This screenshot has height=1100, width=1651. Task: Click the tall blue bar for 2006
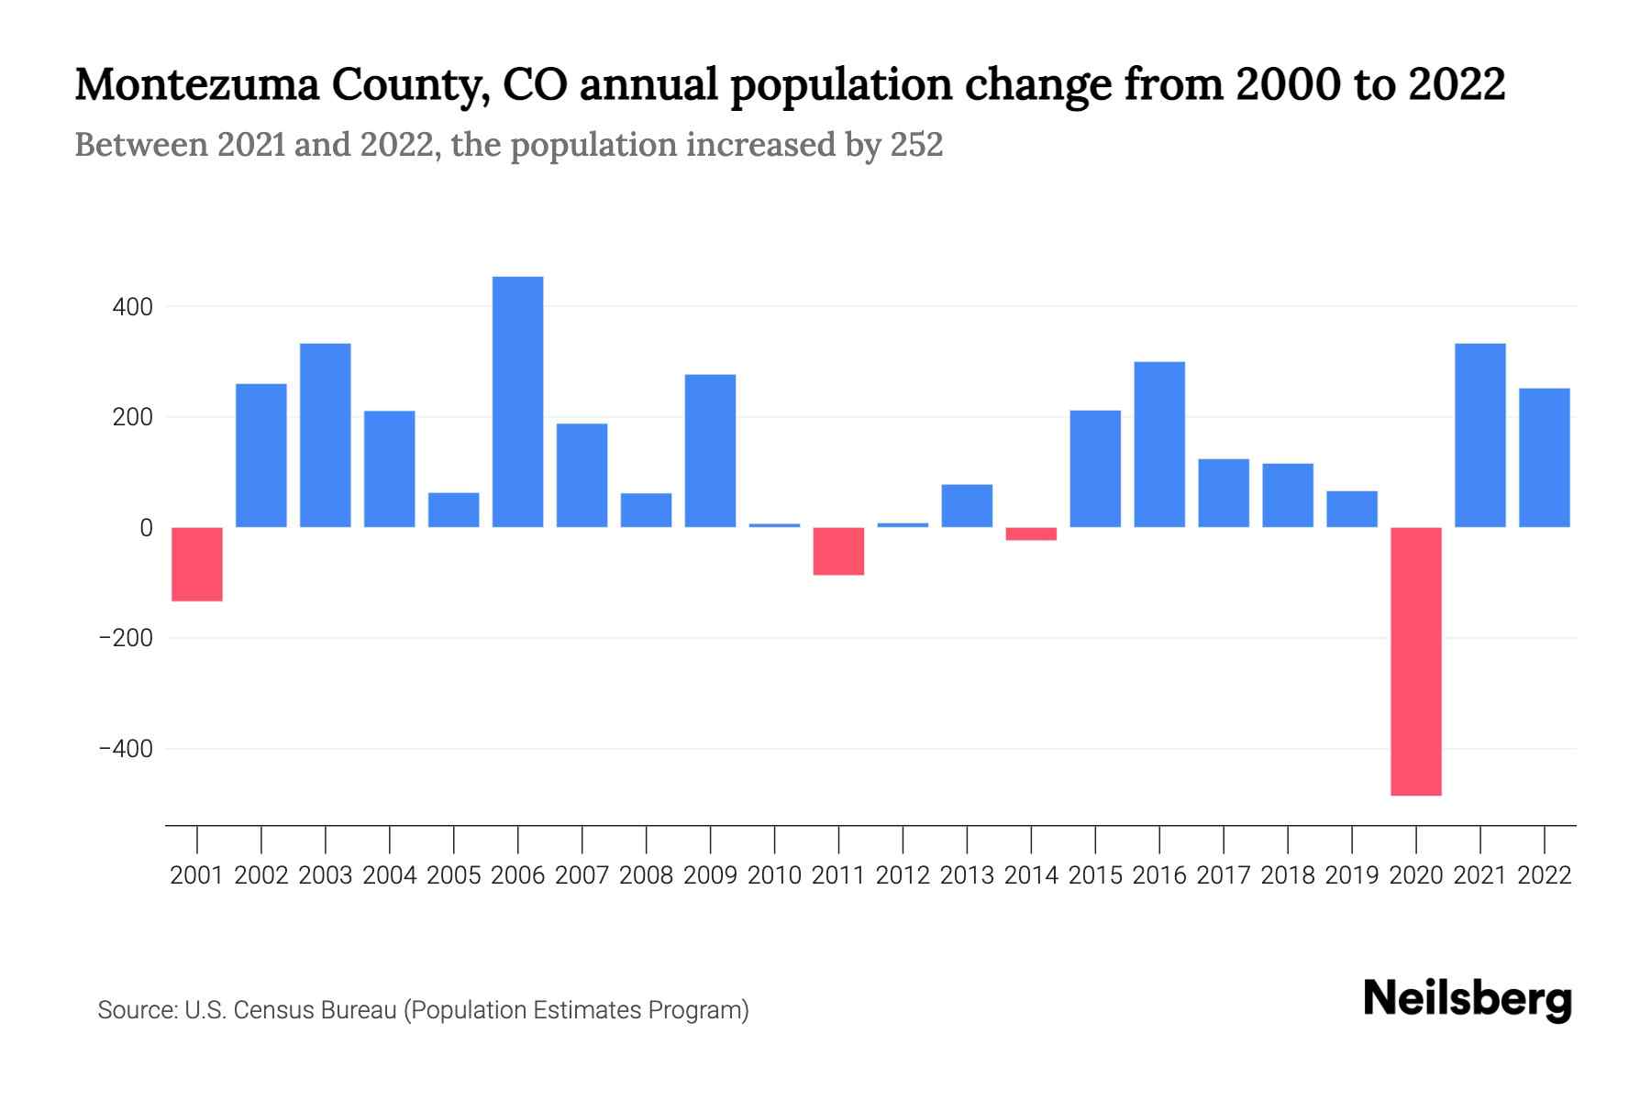click(x=517, y=401)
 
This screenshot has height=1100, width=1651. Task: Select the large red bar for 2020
click(x=1415, y=661)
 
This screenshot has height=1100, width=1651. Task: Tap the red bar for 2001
click(x=197, y=564)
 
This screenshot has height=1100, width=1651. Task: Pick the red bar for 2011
click(x=838, y=551)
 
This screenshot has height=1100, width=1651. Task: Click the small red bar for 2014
click(x=1031, y=533)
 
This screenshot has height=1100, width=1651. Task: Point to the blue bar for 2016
click(x=1159, y=445)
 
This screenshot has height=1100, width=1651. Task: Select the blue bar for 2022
click(x=1544, y=457)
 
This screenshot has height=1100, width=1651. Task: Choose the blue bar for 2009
click(x=710, y=450)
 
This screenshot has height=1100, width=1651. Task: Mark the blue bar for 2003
click(x=326, y=434)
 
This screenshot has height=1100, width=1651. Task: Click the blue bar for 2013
click(x=967, y=505)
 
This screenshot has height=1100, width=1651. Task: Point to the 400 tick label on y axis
click(x=132, y=307)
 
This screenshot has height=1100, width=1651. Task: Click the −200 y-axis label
click(x=126, y=638)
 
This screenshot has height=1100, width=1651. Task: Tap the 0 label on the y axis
click(x=146, y=528)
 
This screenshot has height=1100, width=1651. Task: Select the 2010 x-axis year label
click(x=774, y=875)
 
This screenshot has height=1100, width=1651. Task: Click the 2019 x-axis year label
click(x=1351, y=875)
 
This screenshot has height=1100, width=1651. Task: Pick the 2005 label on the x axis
click(x=454, y=875)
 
